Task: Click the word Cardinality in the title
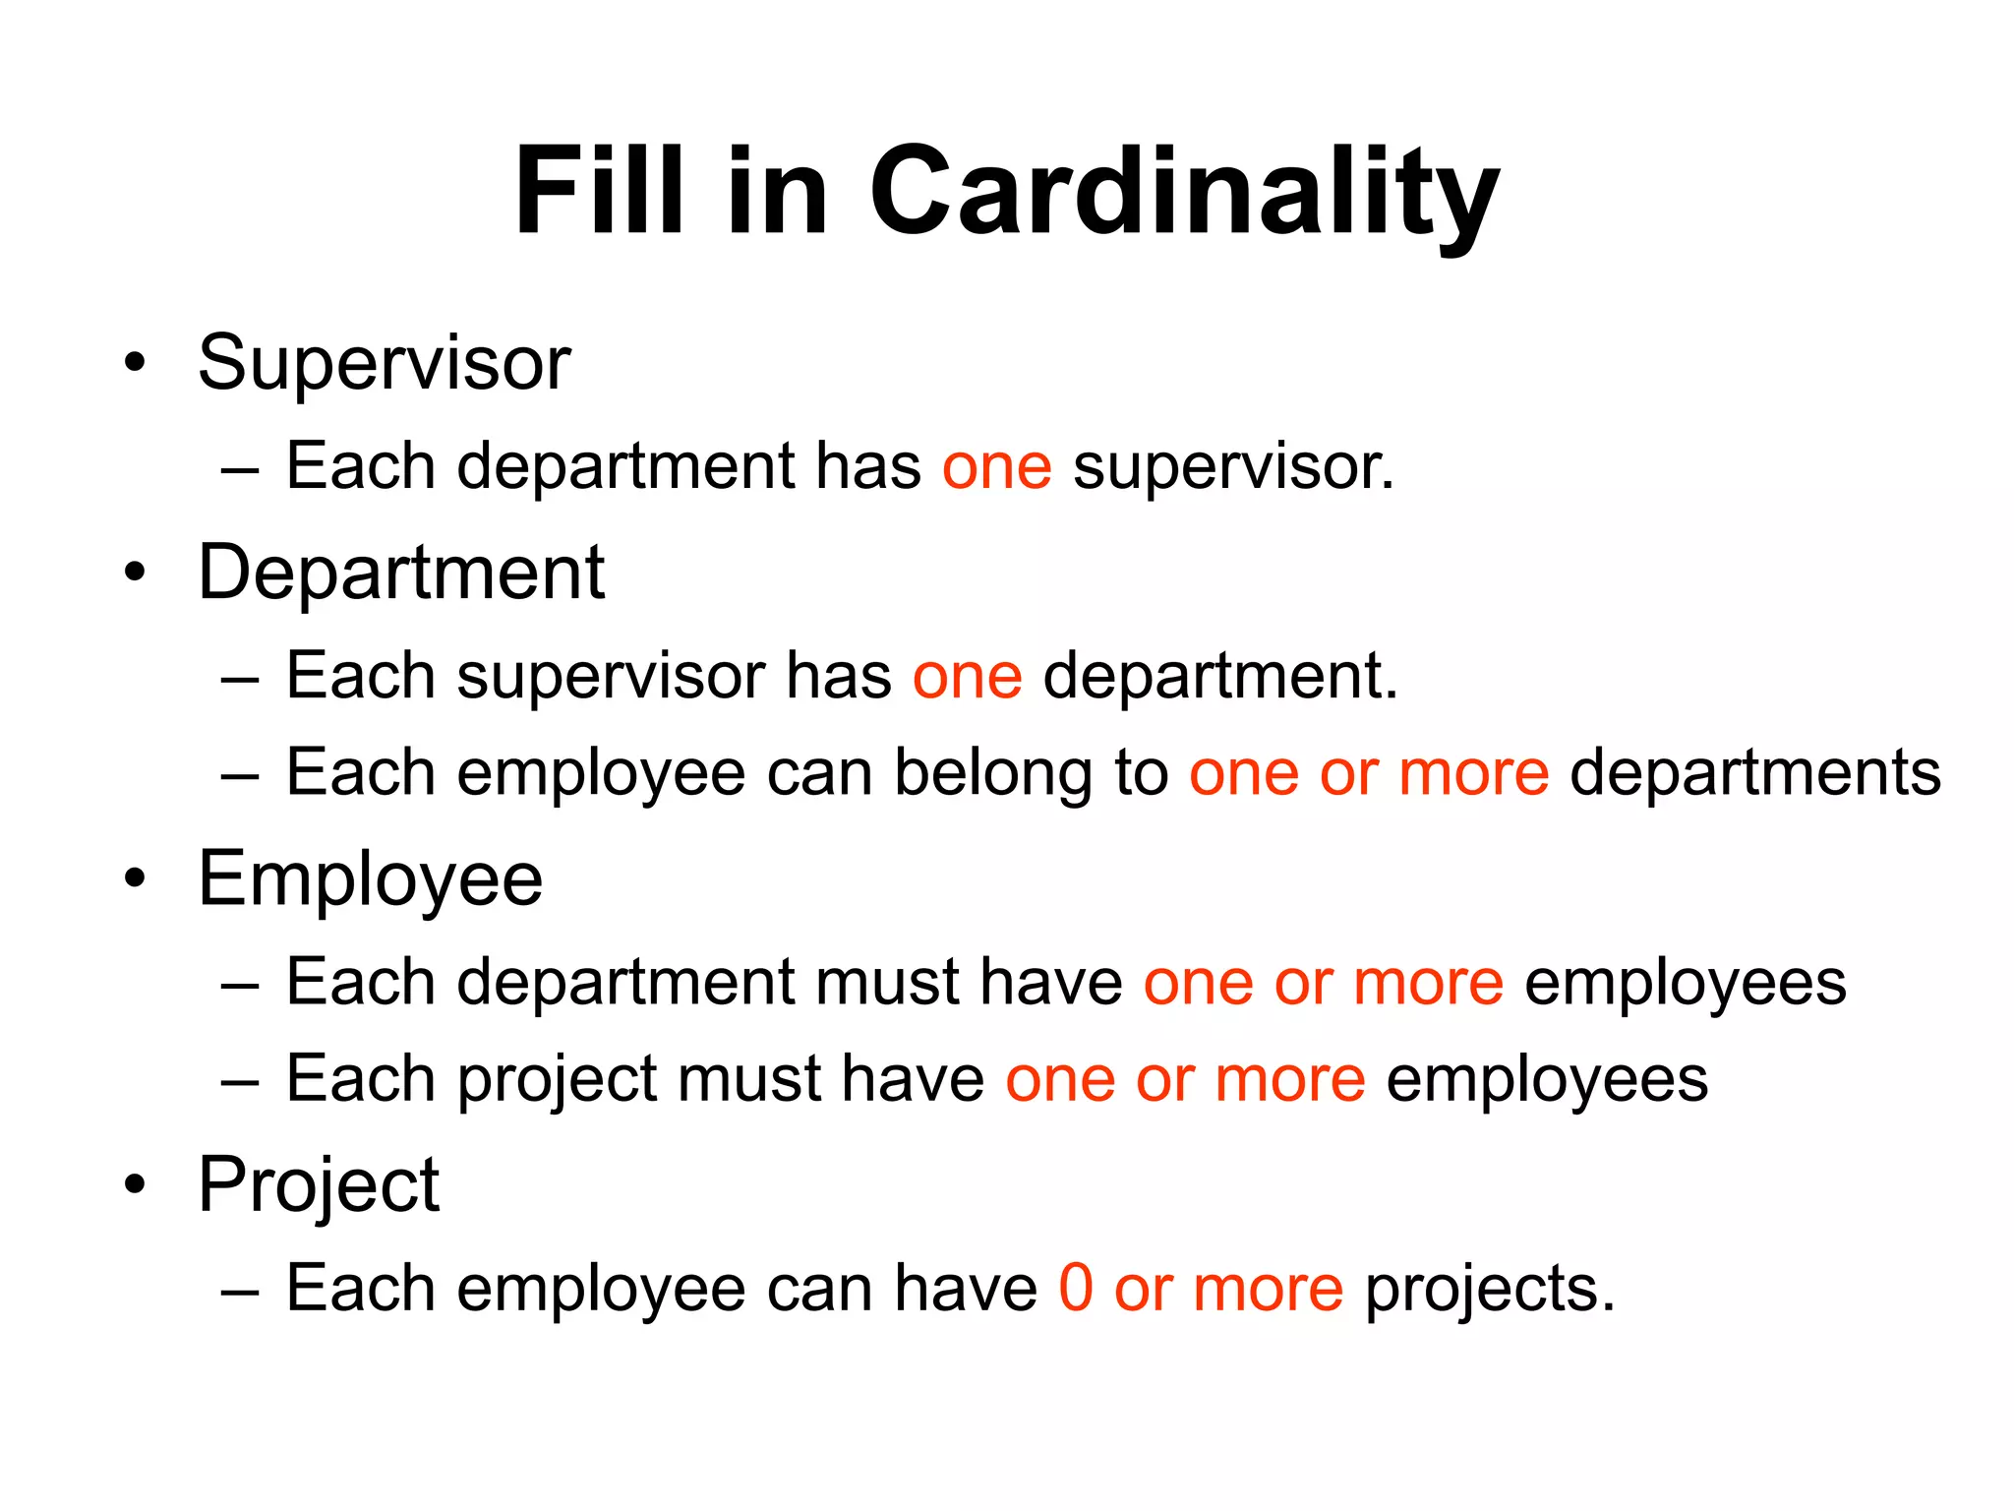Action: [x=1184, y=192]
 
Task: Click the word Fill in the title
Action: [x=599, y=192]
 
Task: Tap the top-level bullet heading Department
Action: [x=401, y=573]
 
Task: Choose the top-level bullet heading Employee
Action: [x=370, y=879]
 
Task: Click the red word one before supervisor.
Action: [x=996, y=467]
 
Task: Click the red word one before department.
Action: [x=967, y=677]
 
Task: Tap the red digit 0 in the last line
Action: [x=1076, y=1288]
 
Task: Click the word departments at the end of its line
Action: [x=1755, y=773]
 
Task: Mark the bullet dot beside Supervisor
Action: [x=135, y=363]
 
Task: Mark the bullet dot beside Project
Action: [x=135, y=1185]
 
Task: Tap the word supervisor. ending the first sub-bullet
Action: [x=1233, y=467]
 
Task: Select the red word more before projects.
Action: [x=1268, y=1288]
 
